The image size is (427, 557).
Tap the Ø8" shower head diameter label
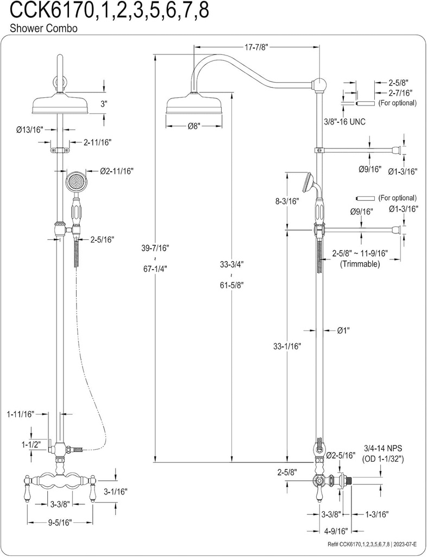(x=194, y=126)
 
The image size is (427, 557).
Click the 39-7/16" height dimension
(x=155, y=248)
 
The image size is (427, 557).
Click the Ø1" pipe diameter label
(x=343, y=330)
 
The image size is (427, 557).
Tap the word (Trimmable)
(x=360, y=264)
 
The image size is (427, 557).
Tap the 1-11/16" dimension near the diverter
(x=21, y=414)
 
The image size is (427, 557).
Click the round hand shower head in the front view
(x=76, y=182)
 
